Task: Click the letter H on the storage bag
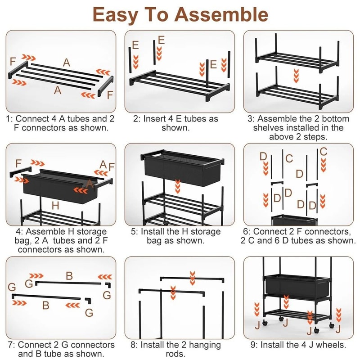pos(55,206)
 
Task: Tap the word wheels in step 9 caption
pos(331,345)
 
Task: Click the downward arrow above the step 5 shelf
pos(179,184)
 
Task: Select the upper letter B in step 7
pos(69,275)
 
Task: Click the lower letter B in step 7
pos(45,305)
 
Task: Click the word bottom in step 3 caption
pos(333,119)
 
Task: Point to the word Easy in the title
pos(118,14)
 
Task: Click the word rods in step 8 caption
pos(180,354)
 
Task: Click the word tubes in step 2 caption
pos(196,119)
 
